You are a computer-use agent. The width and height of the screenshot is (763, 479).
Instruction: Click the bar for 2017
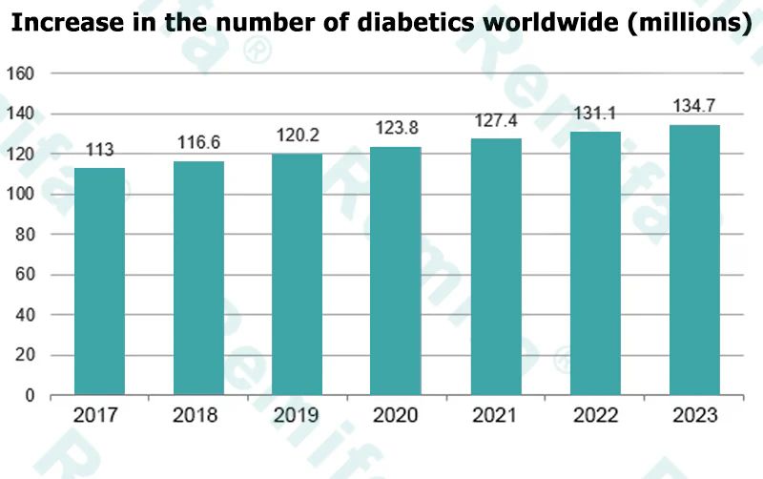tap(99, 281)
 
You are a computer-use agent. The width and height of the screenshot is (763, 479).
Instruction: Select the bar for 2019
tap(298, 274)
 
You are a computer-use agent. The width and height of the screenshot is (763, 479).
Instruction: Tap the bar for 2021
tap(496, 266)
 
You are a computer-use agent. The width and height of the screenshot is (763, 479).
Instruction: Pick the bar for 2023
tap(694, 260)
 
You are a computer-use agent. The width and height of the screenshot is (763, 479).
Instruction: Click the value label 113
tap(100, 151)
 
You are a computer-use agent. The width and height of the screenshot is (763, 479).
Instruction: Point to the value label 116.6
tap(198, 142)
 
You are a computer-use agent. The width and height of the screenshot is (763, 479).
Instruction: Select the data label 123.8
tap(397, 127)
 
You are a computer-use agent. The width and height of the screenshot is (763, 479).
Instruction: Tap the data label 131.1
tap(595, 114)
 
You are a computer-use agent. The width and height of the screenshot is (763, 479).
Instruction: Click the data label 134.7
tap(694, 105)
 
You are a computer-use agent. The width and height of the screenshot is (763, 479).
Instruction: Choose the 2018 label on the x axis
tap(198, 416)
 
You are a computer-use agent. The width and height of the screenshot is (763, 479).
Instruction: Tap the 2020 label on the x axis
tap(397, 416)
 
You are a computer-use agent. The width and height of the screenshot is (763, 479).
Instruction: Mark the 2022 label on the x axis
tap(595, 416)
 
